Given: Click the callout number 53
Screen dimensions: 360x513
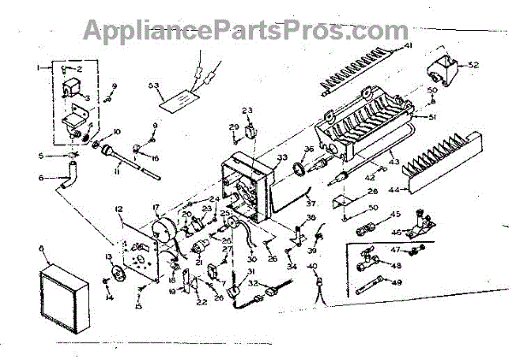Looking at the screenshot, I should (x=154, y=86).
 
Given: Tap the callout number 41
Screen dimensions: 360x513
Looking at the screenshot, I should (x=408, y=44).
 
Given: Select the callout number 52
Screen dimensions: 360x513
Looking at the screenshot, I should (x=473, y=64).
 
